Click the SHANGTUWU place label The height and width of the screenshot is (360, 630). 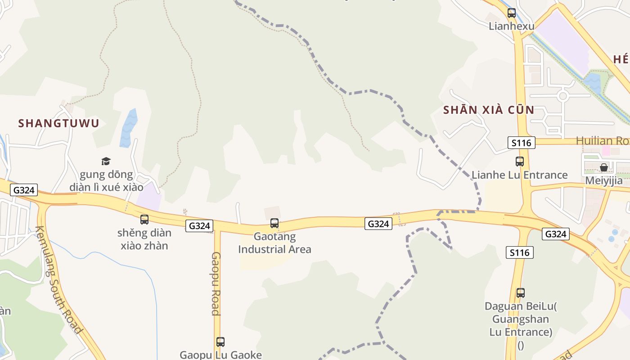(x=58, y=123)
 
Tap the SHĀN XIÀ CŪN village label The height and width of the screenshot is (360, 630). (x=489, y=110)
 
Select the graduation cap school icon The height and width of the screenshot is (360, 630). (x=106, y=161)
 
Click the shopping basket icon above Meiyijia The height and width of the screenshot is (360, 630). (x=604, y=167)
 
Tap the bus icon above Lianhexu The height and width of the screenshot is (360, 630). (x=512, y=13)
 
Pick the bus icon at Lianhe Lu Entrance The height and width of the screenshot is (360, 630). (x=520, y=161)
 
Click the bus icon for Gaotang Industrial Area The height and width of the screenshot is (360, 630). (x=274, y=223)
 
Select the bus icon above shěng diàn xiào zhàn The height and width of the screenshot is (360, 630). (x=144, y=220)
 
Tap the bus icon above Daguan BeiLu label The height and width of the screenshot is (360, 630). (x=521, y=293)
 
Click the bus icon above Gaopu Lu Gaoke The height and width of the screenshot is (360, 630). (x=220, y=342)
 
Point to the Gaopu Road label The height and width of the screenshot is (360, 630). (x=216, y=283)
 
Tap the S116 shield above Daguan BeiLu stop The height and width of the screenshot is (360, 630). (x=520, y=252)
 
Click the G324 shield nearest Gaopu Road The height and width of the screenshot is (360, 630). (x=199, y=226)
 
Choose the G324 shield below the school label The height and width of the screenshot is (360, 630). (x=24, y=190)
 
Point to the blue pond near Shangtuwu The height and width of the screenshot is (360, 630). (x=128, y=128)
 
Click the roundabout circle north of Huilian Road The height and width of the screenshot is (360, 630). (x=562, y=95)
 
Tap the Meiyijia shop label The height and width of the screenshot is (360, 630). (x=604, y=181)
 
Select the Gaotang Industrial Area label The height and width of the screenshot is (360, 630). (x=274, y=243)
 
